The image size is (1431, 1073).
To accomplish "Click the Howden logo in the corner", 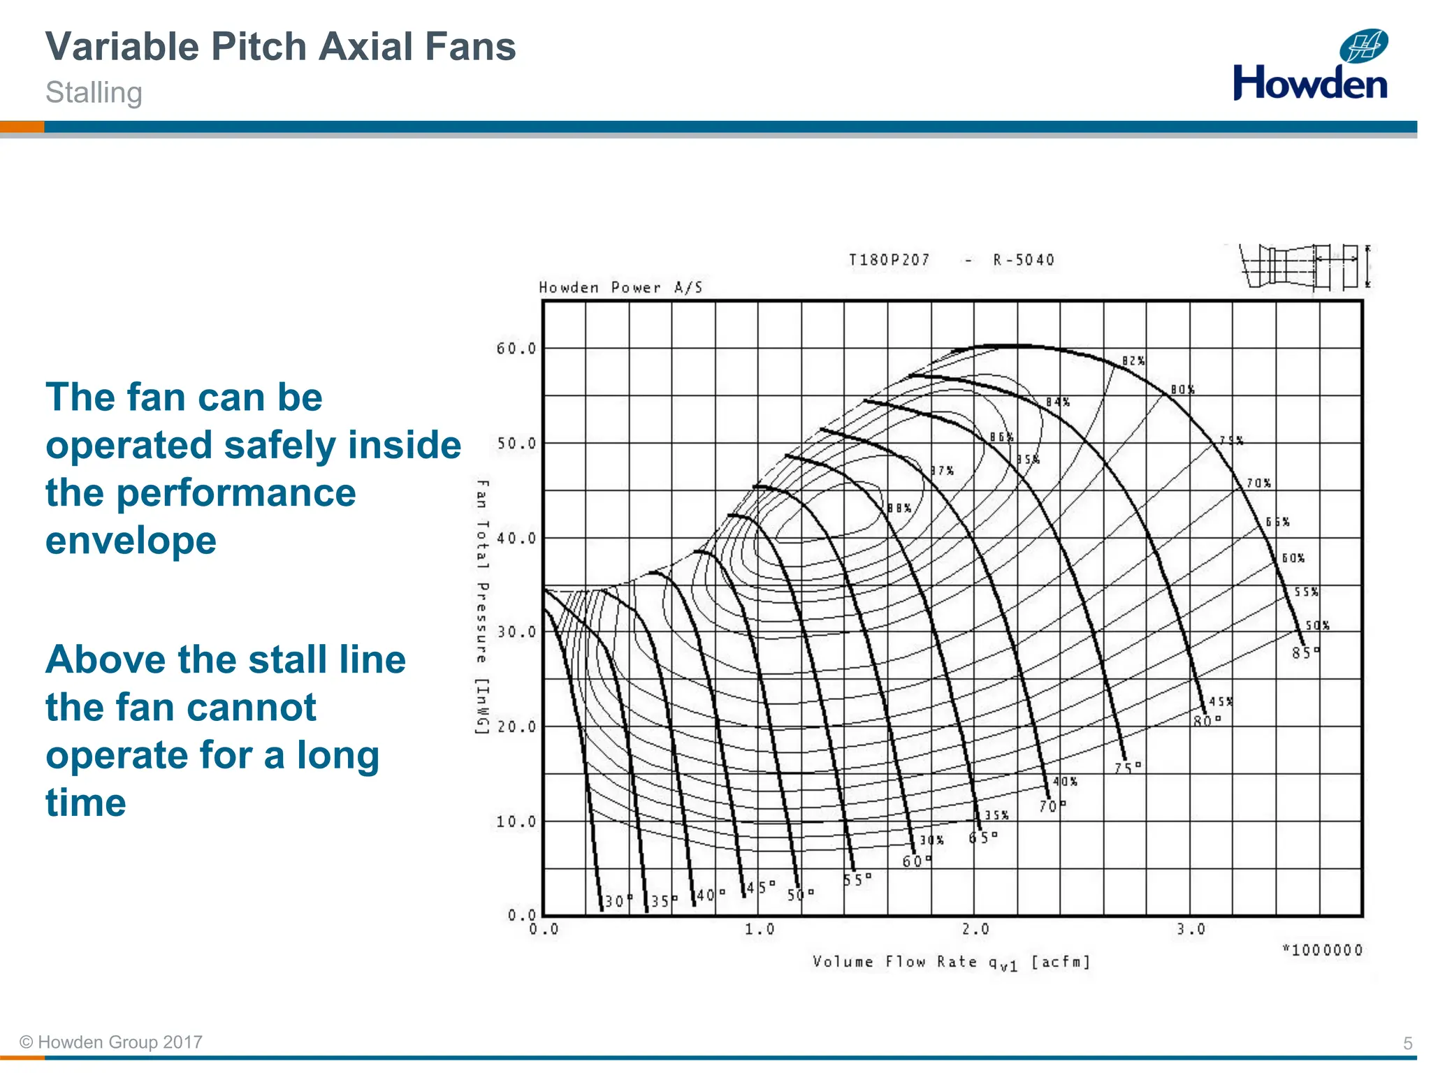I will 1310,66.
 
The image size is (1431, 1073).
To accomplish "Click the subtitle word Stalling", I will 94,93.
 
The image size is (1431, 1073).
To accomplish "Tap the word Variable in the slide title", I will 122,47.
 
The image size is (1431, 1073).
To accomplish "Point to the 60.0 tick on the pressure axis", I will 516,348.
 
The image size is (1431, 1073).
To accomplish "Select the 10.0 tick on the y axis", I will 516,822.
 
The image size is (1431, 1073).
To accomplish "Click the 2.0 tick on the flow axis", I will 975,929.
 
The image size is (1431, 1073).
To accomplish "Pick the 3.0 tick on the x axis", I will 1191,929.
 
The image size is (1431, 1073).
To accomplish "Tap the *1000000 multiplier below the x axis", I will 1322,950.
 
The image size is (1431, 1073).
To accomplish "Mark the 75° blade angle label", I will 1127,768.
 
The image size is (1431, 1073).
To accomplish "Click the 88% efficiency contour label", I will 899,508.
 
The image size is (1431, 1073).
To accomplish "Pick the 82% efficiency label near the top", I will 1133,361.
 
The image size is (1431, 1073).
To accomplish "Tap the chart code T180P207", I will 889,260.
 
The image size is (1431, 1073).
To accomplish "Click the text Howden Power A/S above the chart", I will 620,287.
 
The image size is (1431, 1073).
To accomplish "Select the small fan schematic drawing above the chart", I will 1305,266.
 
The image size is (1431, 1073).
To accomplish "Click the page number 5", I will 1407,1043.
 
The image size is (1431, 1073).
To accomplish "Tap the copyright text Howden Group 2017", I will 112,1042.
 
